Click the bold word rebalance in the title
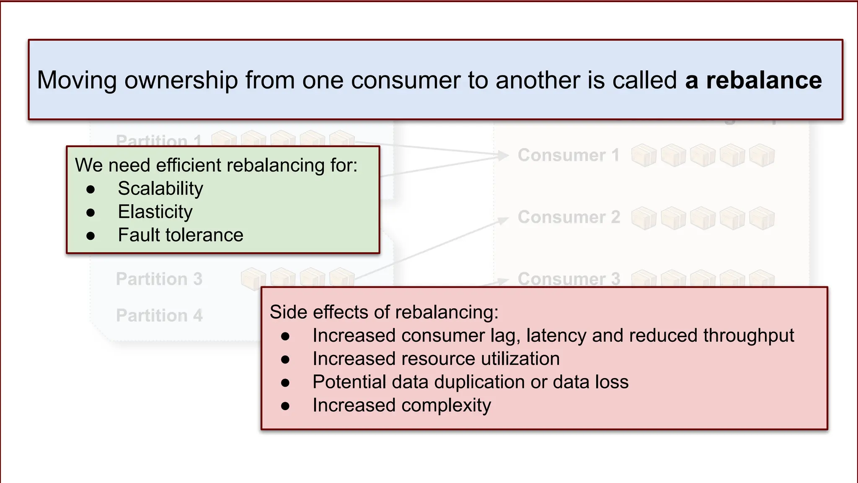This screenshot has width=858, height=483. coord(764,80)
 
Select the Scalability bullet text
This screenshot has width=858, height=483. coord(160,189)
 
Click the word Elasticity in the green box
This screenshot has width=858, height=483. coord(155,212)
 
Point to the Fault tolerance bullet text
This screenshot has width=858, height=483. coord(180,235)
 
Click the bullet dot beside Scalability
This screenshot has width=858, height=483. coord(90,190)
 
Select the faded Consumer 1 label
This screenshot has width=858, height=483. coord(569,155)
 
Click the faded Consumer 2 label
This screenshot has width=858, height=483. coord(569,217)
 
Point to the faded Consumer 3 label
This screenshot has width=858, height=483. coord(569,278)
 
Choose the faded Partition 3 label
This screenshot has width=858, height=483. coord(159,279)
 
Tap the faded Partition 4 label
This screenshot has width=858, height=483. coord(159,315)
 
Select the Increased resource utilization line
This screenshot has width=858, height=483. coord(436,359)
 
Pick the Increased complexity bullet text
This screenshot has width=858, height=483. coord(401,405)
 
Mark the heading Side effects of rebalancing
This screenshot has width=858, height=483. coord(384,312)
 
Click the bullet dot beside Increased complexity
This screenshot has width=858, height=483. coord(285,406)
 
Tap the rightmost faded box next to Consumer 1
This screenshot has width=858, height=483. coord(762,156)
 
